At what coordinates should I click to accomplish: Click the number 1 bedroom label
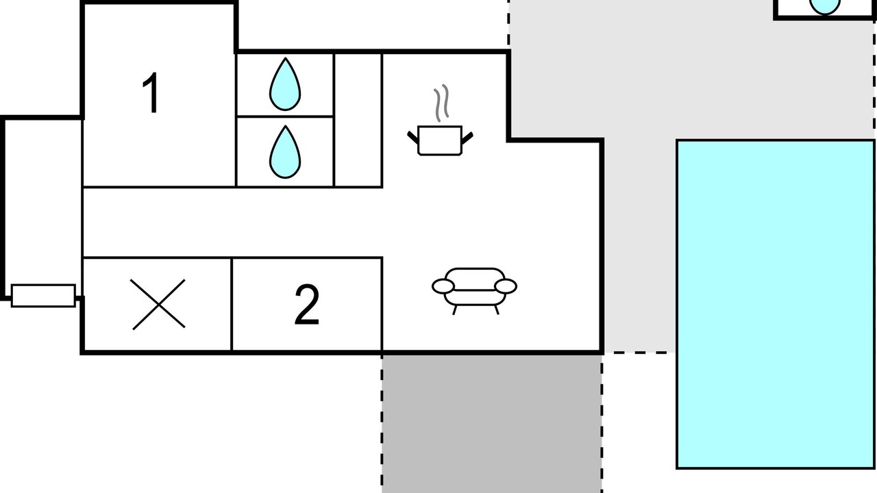(151, 93)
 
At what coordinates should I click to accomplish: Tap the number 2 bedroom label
(307, 305)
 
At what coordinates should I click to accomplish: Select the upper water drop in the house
(285, 84)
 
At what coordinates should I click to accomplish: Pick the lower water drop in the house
(285, 152)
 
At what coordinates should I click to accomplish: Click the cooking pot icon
(440, 141)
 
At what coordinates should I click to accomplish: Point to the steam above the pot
(441, 103)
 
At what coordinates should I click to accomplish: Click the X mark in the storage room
(158, 305)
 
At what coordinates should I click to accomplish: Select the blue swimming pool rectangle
(776, 304)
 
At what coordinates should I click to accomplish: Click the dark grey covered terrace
(492, 424)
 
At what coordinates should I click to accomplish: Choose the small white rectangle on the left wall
(43, 296)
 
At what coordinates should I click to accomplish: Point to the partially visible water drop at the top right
(824, 6)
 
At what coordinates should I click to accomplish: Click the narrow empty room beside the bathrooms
(358, 120)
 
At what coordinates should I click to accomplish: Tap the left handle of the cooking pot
(413, 138)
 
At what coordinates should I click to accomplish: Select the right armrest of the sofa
(506, 286)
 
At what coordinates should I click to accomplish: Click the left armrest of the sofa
(443, 286)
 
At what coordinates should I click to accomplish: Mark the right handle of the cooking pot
(467, 138)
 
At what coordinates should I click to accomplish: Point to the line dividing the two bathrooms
(285, 116)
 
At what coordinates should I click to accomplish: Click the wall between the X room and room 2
(232, 305)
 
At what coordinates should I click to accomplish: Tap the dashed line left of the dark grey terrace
(382, 424)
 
